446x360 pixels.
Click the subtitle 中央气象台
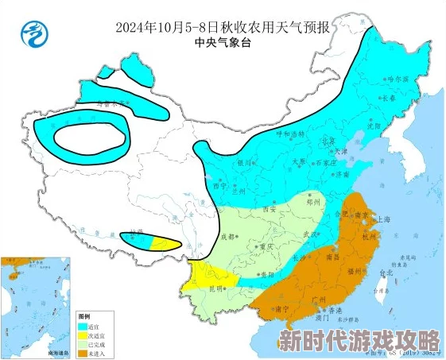(223, 45)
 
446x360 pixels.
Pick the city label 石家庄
(322, 161)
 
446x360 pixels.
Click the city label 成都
(228, 236)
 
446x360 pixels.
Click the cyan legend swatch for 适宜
(82, 326)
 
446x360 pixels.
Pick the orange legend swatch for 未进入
(82, 352)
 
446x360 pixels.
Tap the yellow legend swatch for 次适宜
(82, 335)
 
